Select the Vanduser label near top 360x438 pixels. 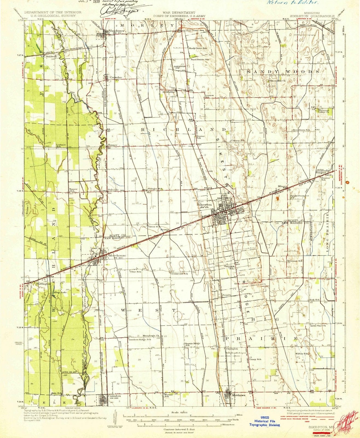point(117,31)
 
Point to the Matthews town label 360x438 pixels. point(238,395)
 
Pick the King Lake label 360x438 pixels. point(60,293)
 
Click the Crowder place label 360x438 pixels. point(115,77)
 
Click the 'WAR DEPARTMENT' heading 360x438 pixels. point(179,13)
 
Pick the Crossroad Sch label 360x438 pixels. point(179,273)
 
